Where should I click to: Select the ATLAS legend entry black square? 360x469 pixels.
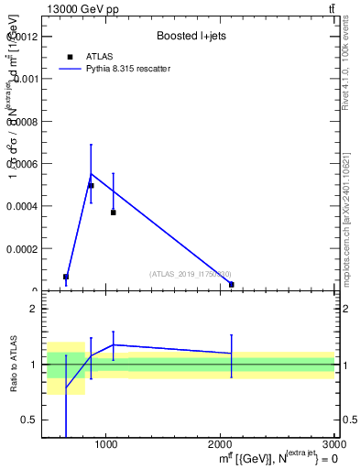(70, 57)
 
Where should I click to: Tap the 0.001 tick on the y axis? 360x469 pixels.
(26, 79)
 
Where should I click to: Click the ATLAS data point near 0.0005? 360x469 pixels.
(91, 186)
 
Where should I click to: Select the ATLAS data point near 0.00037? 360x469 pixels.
(113, 212)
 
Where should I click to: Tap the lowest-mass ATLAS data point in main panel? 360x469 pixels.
(66, 277)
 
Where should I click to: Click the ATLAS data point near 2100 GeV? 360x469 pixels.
(231, 284)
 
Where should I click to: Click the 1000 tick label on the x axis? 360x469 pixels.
(107, 444)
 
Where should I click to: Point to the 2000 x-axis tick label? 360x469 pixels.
(221, 444)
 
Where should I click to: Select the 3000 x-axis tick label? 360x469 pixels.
(333, 444)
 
